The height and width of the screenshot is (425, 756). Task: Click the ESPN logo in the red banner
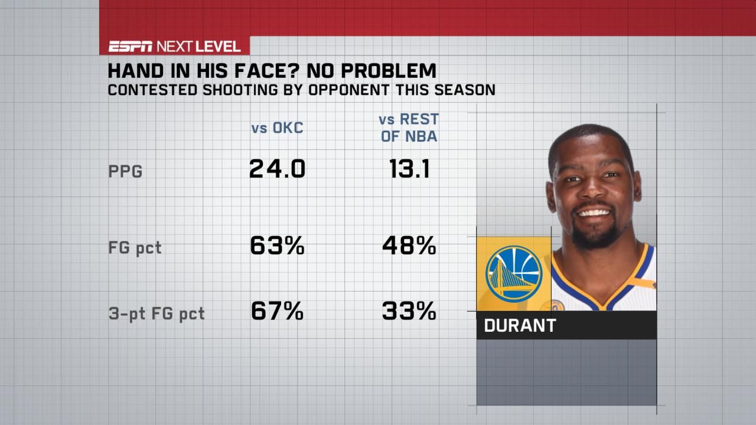[130, 47]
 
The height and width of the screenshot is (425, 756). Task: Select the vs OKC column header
[277, 128]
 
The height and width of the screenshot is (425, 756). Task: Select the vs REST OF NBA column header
[408, 128]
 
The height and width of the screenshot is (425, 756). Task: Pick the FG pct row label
[134, 248]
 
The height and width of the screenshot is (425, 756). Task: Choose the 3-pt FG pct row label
[156, 313]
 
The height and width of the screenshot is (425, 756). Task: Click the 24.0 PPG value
[277, 170]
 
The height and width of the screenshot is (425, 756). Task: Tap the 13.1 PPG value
[408, 170]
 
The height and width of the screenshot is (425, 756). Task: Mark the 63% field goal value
[277, 246]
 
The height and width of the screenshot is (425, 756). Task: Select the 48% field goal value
[409, 246]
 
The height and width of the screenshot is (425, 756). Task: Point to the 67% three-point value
[277, 311]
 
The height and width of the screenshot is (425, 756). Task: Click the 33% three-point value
[409, 311]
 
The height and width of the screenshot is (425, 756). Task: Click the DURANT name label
[520, 326]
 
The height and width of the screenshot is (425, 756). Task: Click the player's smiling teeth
[594, 212]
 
